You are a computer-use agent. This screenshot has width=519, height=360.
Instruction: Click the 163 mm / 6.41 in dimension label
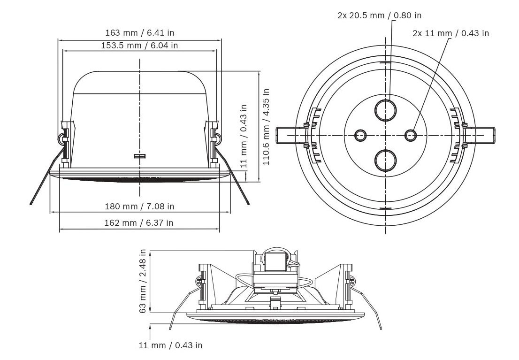[139, 33]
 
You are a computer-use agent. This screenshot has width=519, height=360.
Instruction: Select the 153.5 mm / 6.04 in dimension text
[139, 46]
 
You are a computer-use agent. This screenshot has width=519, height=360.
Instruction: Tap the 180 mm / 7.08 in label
[139, 206]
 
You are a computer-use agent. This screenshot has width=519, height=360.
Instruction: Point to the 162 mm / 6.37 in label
[139, 222]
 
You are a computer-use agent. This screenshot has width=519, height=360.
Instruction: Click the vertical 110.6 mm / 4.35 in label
[267, 126]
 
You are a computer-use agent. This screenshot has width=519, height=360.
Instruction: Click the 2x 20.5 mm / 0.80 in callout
[379, 15]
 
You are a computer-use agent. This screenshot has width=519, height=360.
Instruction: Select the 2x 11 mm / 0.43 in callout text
[450, 33]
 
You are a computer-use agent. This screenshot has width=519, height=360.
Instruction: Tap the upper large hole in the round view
[385, 109]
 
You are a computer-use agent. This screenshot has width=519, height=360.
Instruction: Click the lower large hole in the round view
[385, 161]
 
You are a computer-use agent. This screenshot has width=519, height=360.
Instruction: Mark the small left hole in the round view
[360, 135]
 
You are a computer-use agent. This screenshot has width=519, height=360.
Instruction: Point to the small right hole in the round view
[411, 135]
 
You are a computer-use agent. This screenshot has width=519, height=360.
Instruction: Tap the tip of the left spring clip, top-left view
[31, 204]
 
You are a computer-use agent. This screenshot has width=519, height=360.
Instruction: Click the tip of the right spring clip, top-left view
[248, 204]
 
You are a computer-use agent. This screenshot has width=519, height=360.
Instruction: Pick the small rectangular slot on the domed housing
[140, 155]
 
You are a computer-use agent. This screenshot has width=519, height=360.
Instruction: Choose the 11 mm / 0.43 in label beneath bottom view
[170, 345]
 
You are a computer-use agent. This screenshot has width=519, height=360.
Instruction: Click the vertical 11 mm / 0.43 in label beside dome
[243, 137]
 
